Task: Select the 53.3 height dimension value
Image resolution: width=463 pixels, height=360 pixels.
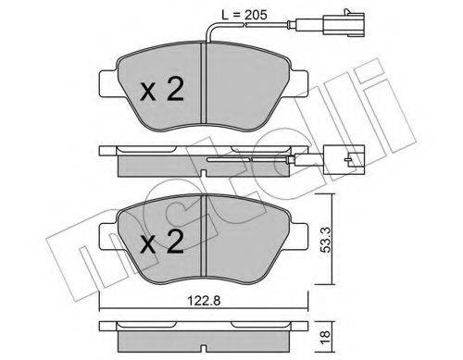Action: (x=323, y=245)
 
